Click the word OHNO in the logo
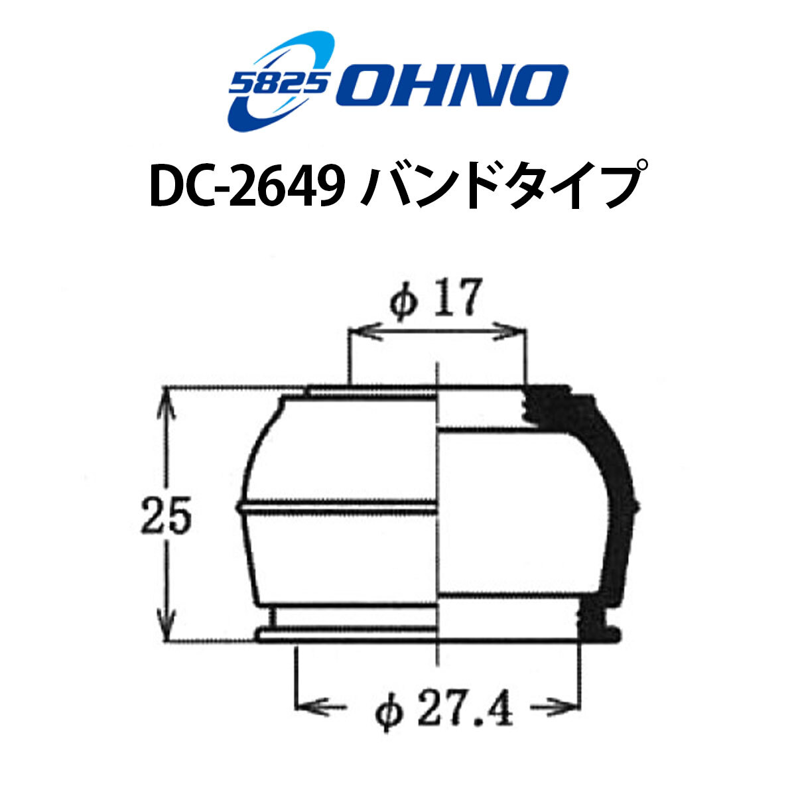point(452,86)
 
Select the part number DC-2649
point(247,187)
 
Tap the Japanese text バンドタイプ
point(503,186)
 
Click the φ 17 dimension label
point(436,297)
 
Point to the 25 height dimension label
point(166,515)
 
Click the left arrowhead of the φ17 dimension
point(365,331)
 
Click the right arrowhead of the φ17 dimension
point(509,331)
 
